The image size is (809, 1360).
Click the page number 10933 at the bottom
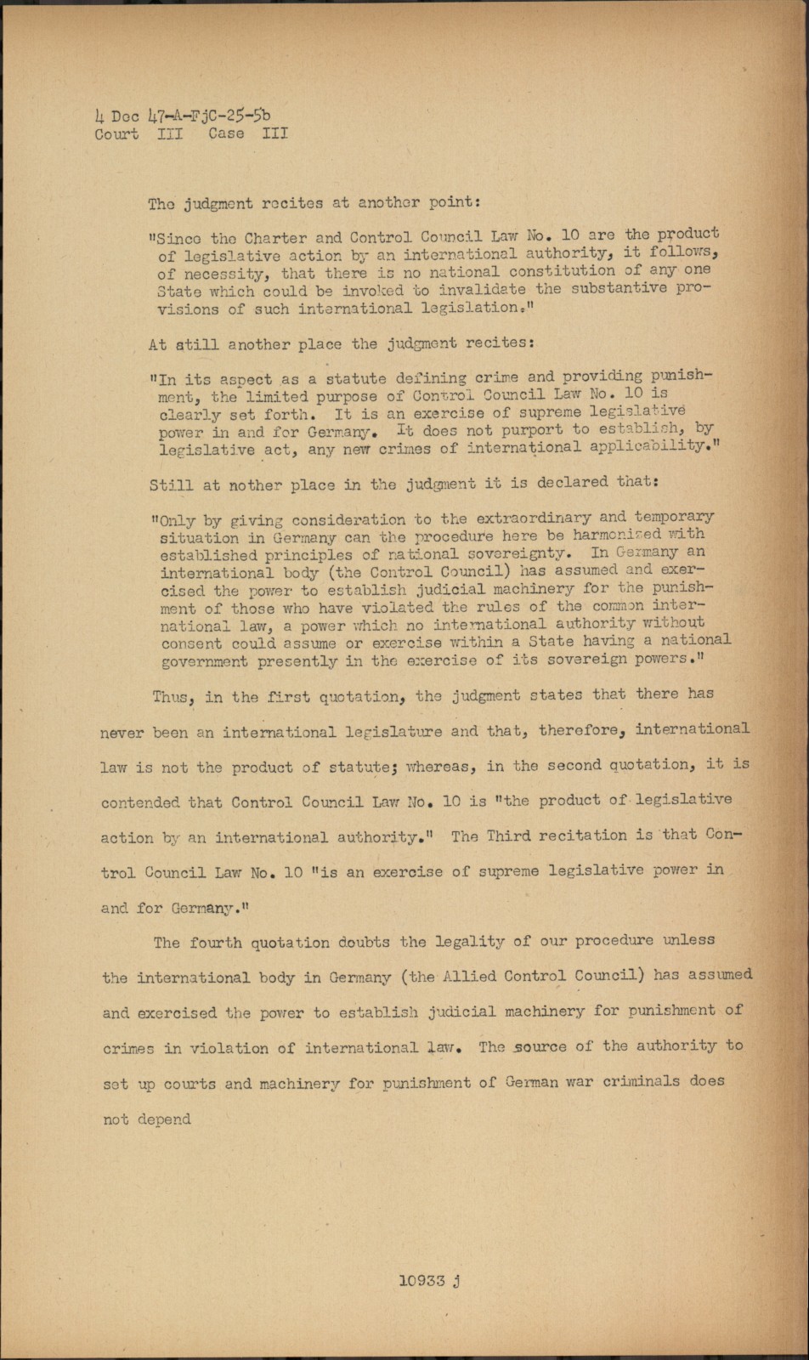(422, 1282)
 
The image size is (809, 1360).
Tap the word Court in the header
(116, 133)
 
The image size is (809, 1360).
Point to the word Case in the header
(225, 133)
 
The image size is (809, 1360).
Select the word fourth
(217, 942)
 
